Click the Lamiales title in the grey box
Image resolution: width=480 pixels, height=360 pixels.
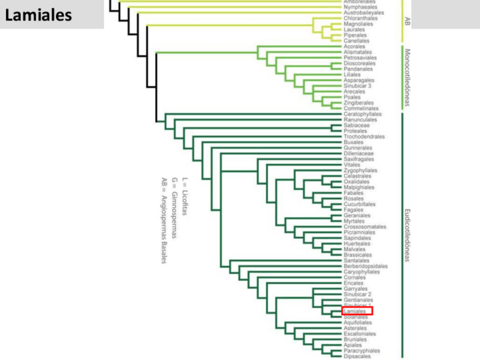(x=39, y=15)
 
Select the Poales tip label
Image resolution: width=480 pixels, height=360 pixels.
(x=352, y=97)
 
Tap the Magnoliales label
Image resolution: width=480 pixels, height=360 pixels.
(x=358, y=24)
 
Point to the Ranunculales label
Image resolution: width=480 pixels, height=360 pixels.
(x=360, y=120)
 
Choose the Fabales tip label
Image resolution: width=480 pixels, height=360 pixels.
(x=353, y=193)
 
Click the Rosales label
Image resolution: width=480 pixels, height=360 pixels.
(x=353, y=199)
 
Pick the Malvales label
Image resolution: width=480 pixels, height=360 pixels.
(x=354, y=249)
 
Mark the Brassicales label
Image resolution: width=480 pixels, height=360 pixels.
(x=357, y=255)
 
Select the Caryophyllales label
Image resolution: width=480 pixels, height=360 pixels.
(x=362, y=272)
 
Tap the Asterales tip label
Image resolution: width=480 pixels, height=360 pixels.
(x=354, y=328)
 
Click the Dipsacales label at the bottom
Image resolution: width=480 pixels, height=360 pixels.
(x=356, y=356)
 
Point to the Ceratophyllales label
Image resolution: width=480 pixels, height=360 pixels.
(x=362, y=114)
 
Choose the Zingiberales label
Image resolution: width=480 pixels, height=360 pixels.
(x=358, y=103)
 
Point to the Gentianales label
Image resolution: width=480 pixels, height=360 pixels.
(x=358, y=300)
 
